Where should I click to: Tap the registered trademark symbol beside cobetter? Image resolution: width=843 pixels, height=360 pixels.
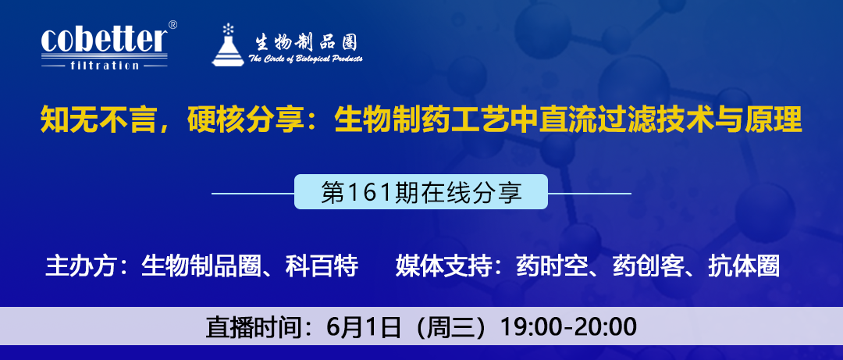pyautogui.click(x=173, y=25)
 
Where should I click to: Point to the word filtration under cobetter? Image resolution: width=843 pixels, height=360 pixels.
pyautogui.click(x=105, y=66)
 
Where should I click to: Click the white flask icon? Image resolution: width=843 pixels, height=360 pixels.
pyautogui.click(x=228, y=45)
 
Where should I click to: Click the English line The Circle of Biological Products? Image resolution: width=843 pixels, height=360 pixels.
pyautogui.click(x=305, y=59)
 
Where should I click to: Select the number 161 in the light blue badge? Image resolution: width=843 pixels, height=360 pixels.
pyautogui.click(x=366, y=192)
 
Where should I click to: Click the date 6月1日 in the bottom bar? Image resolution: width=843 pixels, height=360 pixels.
pyautogui.click(x=363, y=327)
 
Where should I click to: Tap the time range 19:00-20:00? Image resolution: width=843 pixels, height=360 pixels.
pyautogui.click(x=569, y=327)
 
